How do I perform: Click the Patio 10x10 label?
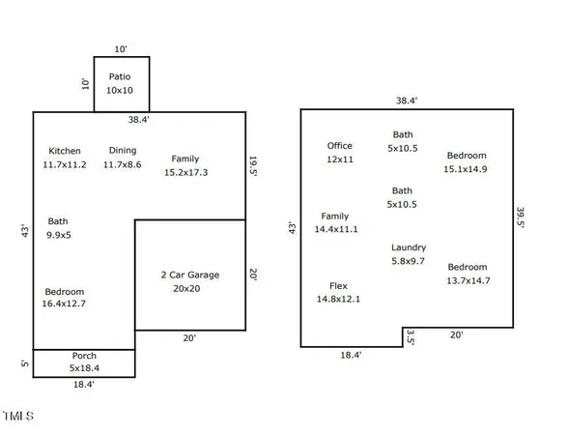pos(122,82)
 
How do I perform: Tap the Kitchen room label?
pos(65,158)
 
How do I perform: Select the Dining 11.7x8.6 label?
pos(122,158)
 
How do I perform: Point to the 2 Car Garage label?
pos(189,281)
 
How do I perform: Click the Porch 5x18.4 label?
pos(84,362)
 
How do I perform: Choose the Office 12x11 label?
pos(340,152)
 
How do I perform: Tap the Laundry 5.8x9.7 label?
pos(409,254)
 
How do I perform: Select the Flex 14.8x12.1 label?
pos(338,293)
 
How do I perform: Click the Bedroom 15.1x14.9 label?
pos(467,161)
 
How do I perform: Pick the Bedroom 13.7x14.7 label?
pos(467,274)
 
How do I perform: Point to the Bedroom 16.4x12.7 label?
pos(65,298)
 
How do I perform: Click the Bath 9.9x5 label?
pos(58,227)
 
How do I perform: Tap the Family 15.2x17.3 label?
pos(185,165)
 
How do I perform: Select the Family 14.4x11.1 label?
pos(335,222)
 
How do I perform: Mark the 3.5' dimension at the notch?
pos(411,336)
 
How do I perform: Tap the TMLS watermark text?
pos(18,417)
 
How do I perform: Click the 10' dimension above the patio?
pos(121,48)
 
